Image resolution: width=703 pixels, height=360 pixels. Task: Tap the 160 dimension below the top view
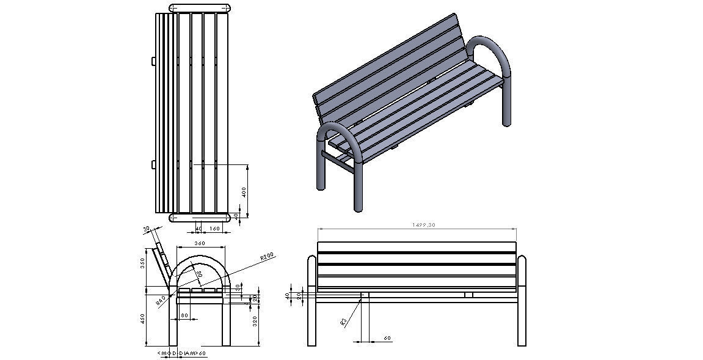pyautogui.click(x=214, y=229)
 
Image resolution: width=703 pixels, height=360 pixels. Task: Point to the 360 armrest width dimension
pyautogui.click(x=200, y=243)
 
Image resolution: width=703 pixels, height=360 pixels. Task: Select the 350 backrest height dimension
pyautogui.click(x=142, y=263)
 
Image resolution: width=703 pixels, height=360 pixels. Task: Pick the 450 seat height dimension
pyautogui.click(x=142, y=318)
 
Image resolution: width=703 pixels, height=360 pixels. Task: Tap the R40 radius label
pyautogui.click(x=161, y=300)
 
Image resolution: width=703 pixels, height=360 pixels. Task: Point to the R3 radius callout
pyautogui.click(x=344, y=321)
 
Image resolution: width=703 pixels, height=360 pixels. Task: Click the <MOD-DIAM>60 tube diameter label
pyautogui.click(x=182, y=353)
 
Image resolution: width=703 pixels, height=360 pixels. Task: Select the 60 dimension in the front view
pyautogui.click(x=387, y=338)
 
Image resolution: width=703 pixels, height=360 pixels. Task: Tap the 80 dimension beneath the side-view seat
pyautogui.click(x=184, y=316)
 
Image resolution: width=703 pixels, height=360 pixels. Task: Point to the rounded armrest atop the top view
pyautogui.click(x=200, y=8)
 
